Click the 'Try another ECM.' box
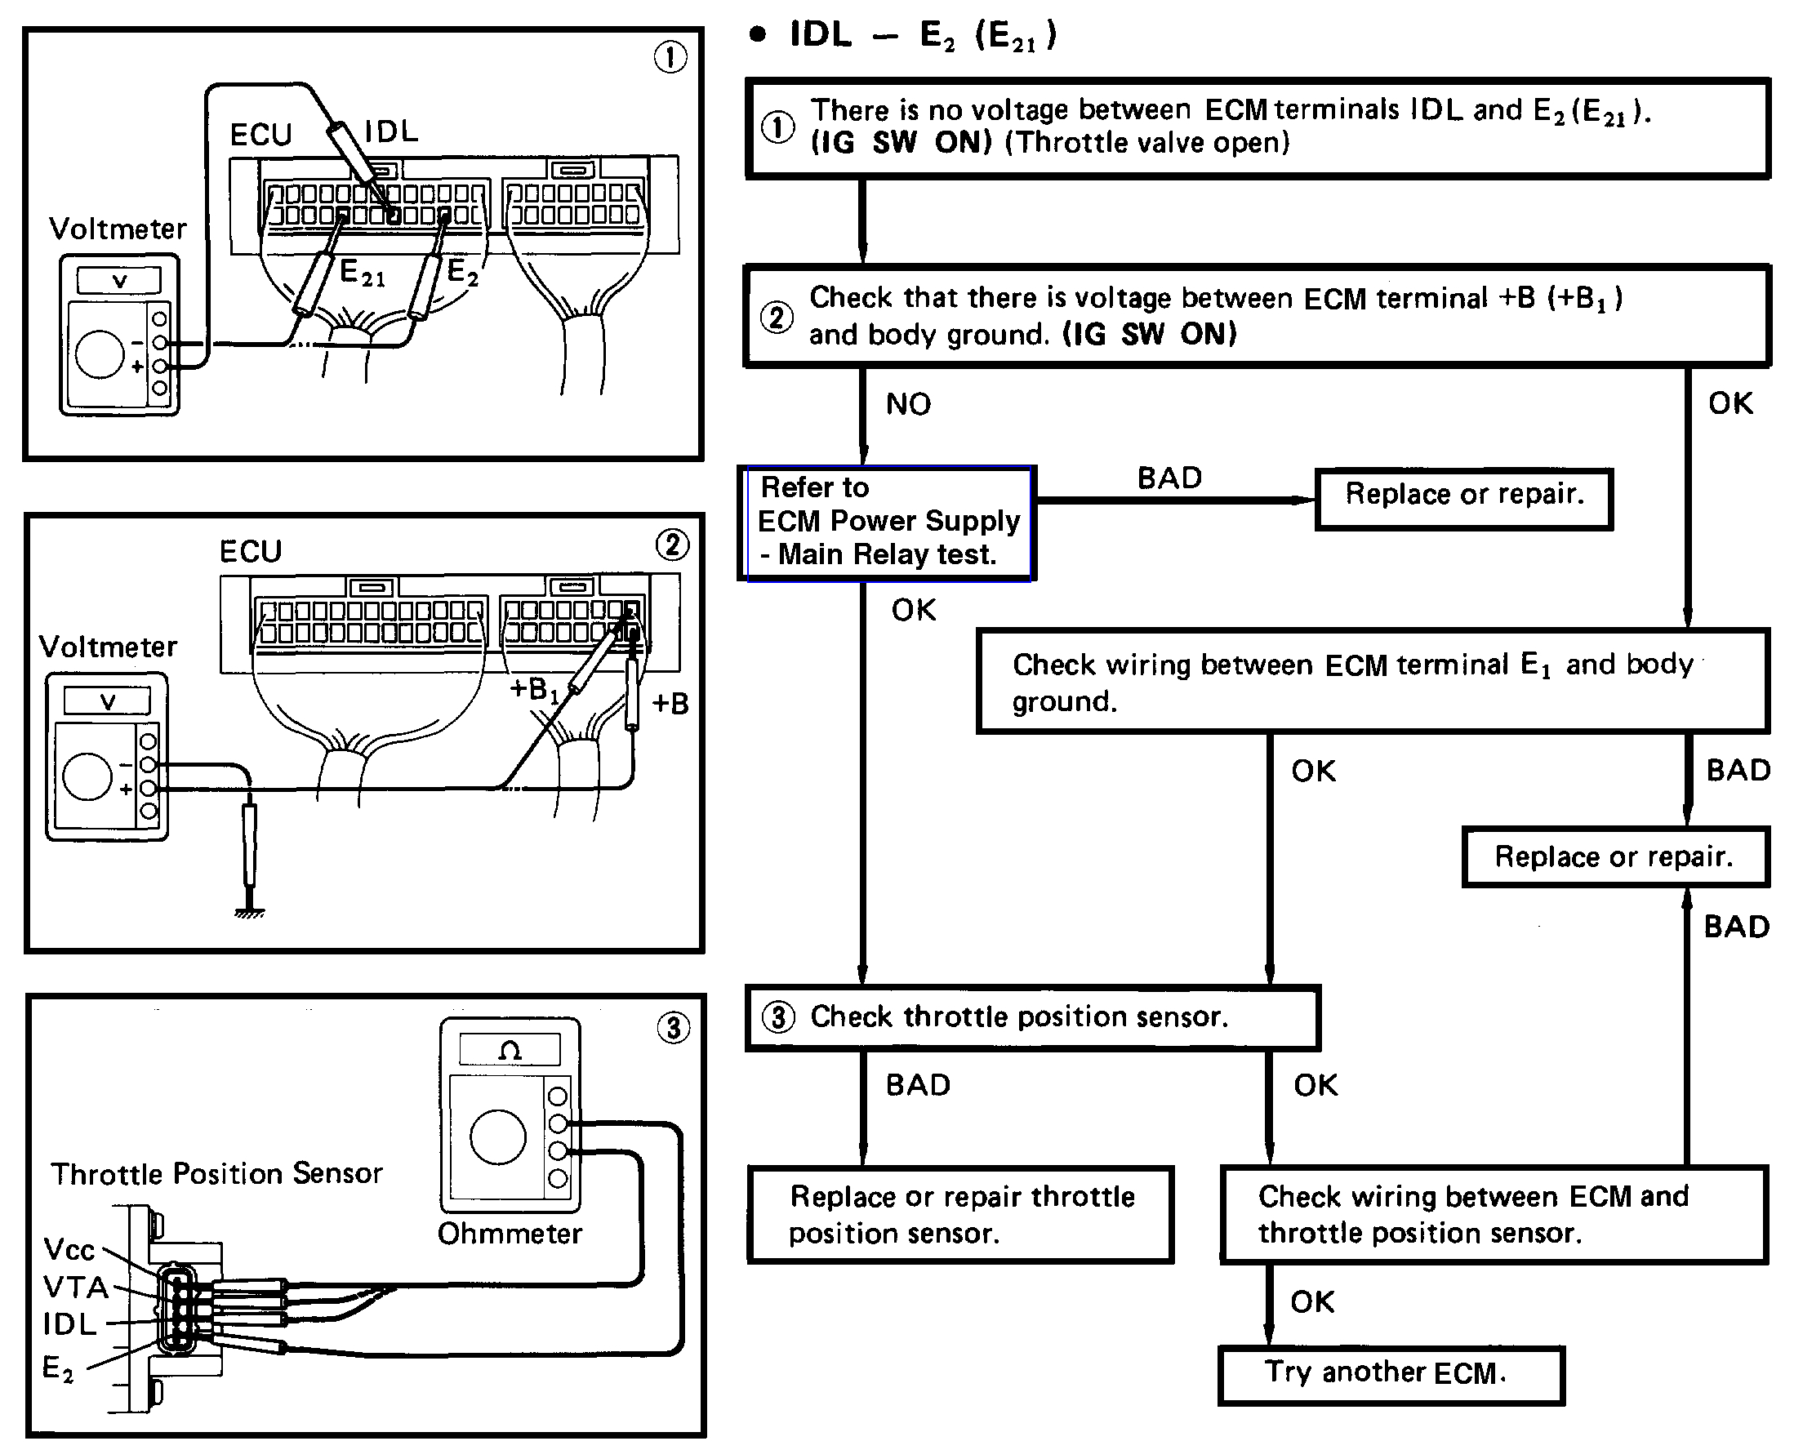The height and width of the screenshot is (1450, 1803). tap(1390, 1375)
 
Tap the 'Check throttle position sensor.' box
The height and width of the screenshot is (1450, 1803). tap(1032, 1016)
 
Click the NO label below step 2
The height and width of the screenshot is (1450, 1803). tap(908, 405)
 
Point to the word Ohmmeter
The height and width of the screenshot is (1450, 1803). tap(510, 1234)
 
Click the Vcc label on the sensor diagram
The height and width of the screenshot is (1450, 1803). tap(69, 1249)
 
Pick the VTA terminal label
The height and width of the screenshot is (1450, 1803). tap(75, 1287)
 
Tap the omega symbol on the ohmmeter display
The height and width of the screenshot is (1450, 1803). tap(510, 1050)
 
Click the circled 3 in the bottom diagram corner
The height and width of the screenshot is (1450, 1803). tap(673, 1027)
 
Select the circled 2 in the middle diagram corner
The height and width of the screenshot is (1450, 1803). tap(672, 545)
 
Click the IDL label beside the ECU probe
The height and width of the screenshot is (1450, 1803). tap(391, 131)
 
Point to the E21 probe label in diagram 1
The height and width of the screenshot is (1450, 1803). tap(362, 274)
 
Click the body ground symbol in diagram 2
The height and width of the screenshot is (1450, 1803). tap(249, 911)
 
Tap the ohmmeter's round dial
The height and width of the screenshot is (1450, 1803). tap(497, 1137)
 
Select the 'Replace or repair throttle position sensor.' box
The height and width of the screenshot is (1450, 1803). tap(960, 1214)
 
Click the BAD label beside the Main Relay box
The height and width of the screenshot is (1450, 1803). tap(1169, 478)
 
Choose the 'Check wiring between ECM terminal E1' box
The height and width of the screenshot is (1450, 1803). tap(1373, 682)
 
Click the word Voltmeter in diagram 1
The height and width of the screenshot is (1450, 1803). tap(117, 229)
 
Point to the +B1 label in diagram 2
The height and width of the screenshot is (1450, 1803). tap(533, 690)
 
